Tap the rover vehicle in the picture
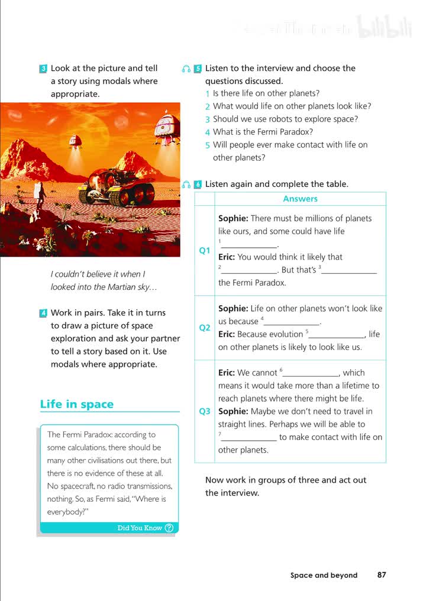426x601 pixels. click(117, 185)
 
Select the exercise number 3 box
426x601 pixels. click(43, 69)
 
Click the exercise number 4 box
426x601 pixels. click(43, 313)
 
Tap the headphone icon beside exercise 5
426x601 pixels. click(186, 69)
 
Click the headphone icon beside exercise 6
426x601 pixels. click(186, 185)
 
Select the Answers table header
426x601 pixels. click(300, 199)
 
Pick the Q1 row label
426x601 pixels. click(205, 250)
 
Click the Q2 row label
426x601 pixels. click(205, 328)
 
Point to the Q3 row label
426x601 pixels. click(205, 411)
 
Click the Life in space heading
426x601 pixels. click(76, 405)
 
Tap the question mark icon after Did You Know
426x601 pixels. click(169, 528)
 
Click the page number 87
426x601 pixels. click(382, 574)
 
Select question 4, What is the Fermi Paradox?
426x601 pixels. click(263, 132)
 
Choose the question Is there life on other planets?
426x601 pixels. click(266, 93)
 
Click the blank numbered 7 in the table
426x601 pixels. click(248, 438)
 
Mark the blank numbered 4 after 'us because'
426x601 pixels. click(292, 322)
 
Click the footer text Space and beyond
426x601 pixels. click(324, 575)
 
